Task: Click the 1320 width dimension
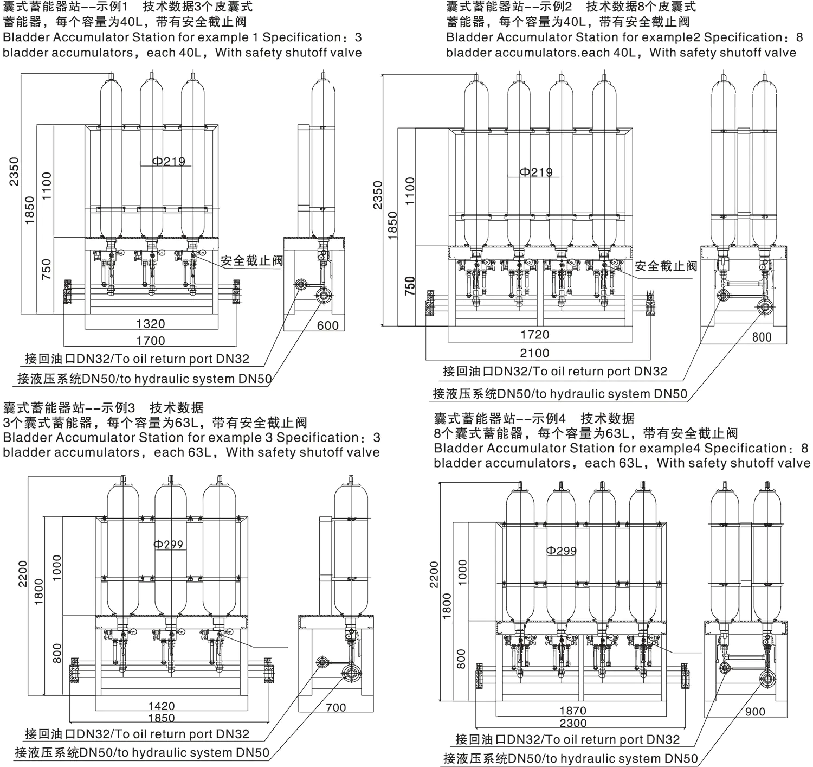pyautogui.click(x=151, y=324)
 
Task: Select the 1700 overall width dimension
pyautogui.click(x=151, y=341)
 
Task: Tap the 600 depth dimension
pyautogui.click(x=328, y=325)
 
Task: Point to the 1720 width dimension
pyautogui.click(x=534, y=335)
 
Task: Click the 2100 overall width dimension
pyautogui.click(x=534, y=353)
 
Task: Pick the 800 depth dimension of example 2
pyautogui.click(x=762, y=337)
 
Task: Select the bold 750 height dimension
pyautogui.click(x=410, y=286)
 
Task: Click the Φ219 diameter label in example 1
pyautogui.click(x=169, y=162)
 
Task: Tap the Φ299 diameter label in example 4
pyautogui.click(x=561, y=551)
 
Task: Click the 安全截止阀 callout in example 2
pyautogui.click(x=666, y=266)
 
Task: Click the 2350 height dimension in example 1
pyautogui.click(x=14, y=171)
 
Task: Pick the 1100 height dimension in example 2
pyautogui.click(x=410, y=191)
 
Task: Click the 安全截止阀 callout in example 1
pyautogui.click(x=252, y=260)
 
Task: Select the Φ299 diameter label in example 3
pyautogui.click(x=168, y=544)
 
